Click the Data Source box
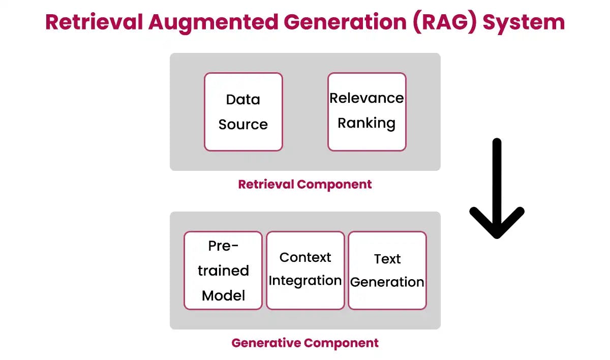(243, 112)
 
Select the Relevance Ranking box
(367, 112)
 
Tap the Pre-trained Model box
(223, 271)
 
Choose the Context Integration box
(305, 271)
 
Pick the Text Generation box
(387, 271)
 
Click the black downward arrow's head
(497, 224)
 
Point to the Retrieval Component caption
(305, 184)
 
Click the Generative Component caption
(305, 343)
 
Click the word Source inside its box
(243, 125)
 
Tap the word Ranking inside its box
(367, 124)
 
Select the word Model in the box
(223, 295)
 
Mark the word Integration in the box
(305, 281)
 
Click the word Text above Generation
(387, 259)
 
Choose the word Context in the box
(305, 257)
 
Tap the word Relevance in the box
(367, 98)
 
